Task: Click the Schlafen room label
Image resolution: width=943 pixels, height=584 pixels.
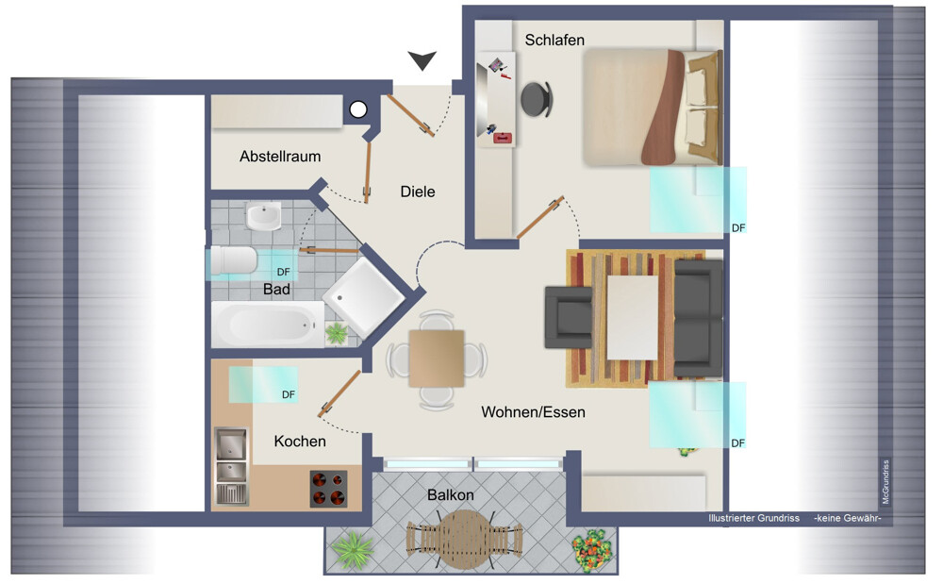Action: point(554,41)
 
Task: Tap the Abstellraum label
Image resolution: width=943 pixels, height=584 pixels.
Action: point(280,157)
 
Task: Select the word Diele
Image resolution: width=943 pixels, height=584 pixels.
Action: point(418,192)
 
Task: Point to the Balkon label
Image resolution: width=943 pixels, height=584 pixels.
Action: point(451,495)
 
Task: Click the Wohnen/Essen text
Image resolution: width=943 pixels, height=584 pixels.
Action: point(533,412)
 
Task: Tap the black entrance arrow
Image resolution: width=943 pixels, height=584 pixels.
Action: point(422,60)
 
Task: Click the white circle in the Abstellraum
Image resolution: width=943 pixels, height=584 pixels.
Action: point(358,109)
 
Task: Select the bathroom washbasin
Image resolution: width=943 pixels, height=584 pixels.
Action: point(263,215)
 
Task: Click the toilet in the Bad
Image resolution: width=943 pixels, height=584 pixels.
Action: point(233,260)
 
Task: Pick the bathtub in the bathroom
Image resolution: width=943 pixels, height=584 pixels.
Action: point(268,325)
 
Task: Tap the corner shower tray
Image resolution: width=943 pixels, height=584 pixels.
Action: point(364,297)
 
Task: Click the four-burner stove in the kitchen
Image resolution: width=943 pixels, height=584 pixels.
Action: point(329,489)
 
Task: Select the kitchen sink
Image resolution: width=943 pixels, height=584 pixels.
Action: point(232,465)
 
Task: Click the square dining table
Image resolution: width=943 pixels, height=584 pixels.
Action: point(437,359)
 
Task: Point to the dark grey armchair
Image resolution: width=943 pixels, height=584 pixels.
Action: point(569,317)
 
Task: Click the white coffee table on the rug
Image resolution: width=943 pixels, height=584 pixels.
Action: point(632,317)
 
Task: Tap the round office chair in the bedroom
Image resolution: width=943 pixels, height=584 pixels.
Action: point(537,99)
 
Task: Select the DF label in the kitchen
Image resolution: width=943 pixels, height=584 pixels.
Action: point(289,394)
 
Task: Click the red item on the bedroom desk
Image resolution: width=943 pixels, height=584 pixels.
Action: point(503,139)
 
